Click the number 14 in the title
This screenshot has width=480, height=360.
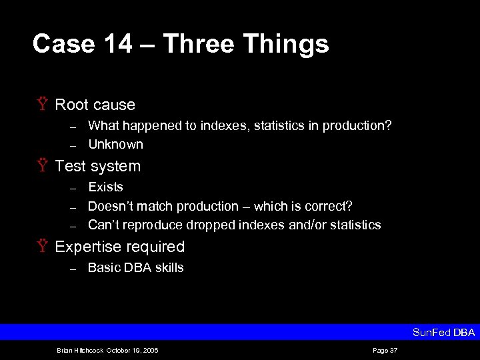click(115, 45)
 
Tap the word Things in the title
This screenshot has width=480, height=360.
click(286, 45)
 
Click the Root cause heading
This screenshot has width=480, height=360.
click(95, 105)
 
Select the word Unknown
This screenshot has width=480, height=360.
click(115, 144)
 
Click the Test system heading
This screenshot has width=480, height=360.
click(97, 166)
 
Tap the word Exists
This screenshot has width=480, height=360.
click(105, 187)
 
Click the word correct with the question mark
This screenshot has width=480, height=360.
click(330, 206)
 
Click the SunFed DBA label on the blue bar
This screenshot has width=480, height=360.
click(443, 332)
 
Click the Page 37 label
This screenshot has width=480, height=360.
click(385, 350)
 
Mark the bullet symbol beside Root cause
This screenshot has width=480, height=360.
click(43, 105)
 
